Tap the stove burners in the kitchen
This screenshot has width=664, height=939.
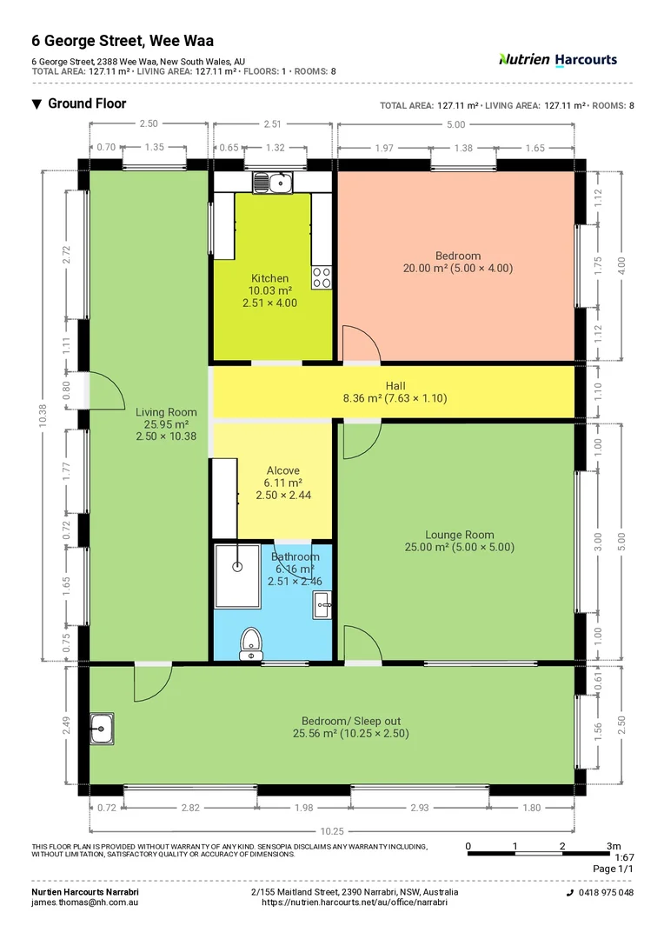322,276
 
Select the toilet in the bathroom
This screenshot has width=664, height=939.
251,642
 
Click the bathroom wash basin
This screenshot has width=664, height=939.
322,603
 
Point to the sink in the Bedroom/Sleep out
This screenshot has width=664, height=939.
103,723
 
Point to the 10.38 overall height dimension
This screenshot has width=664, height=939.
44,416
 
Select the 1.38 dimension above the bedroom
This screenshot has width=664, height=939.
464,148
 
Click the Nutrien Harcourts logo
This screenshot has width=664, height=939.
558,59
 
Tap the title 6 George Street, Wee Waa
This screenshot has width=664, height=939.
123,40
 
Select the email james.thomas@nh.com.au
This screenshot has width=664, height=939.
85,902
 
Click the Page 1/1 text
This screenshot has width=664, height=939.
614,869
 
